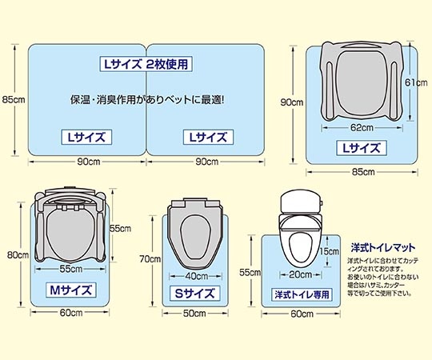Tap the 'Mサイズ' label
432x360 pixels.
point(70,290)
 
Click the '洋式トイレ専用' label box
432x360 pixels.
point(302,294)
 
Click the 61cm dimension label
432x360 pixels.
point(414,82)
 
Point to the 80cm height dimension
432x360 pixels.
point(14,255)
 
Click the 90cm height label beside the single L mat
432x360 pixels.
point(290,102)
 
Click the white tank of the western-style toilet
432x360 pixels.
point(300,201)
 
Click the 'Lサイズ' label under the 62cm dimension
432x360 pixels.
point(361,147)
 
